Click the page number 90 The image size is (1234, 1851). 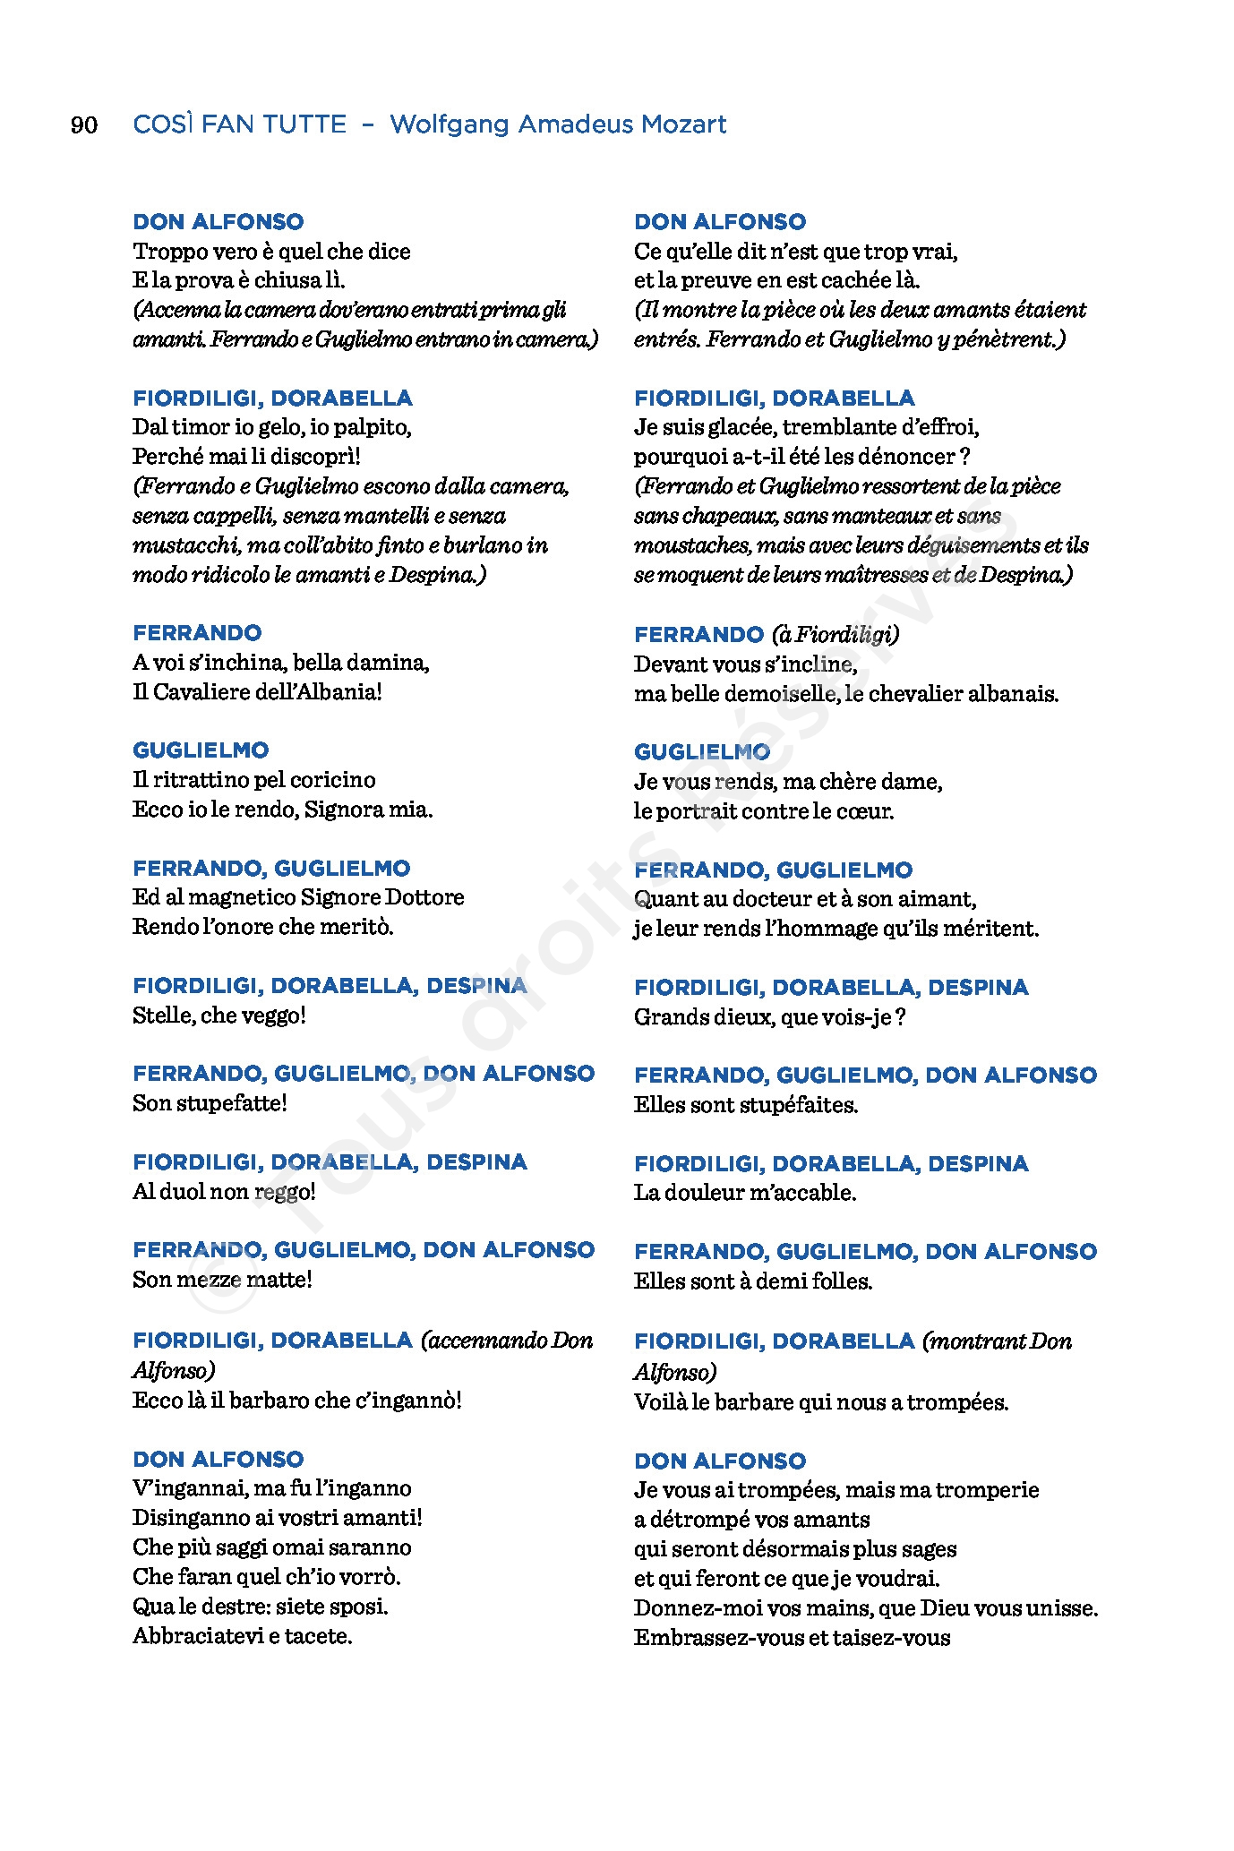click(84, 124)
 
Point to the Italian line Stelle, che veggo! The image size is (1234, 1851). click(219, 1015)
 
